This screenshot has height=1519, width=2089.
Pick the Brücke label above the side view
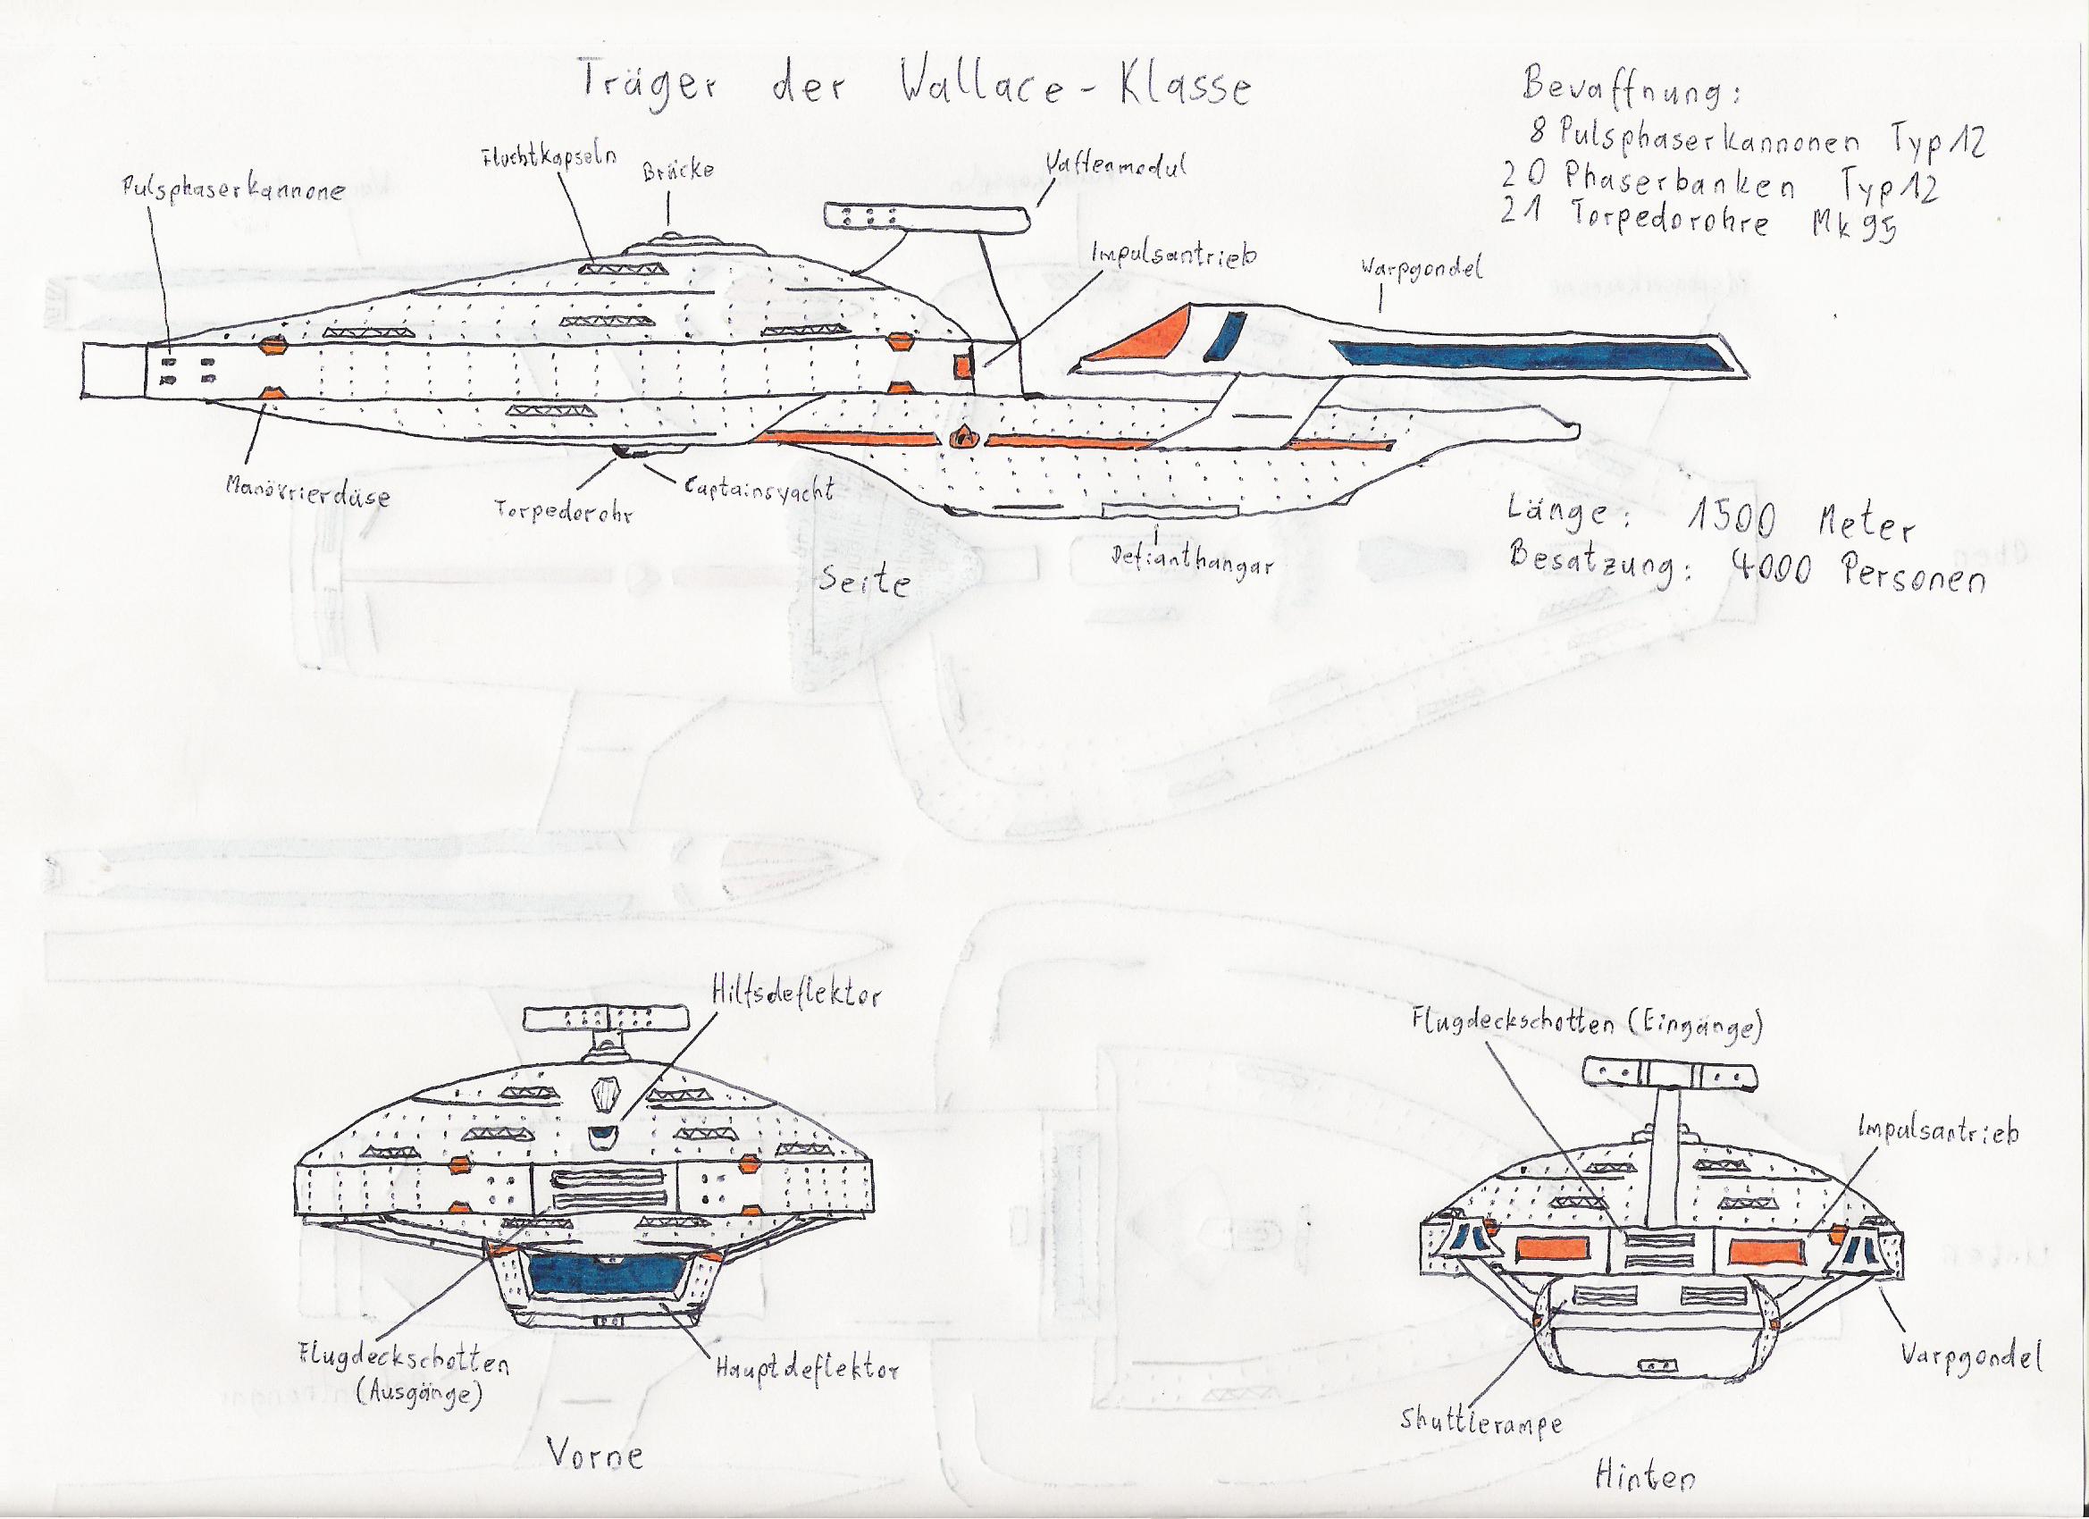coord(680,170)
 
